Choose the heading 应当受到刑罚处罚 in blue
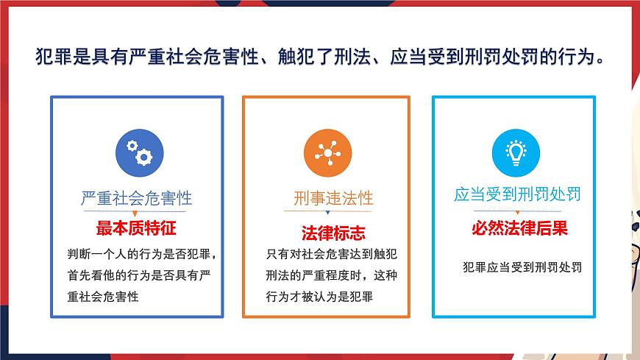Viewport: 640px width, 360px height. click(517, 194)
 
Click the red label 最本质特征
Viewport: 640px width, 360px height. click(136, 227)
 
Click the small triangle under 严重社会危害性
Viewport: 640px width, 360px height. click(136, 212)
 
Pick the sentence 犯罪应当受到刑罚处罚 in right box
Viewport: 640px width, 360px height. click(523, 267)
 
